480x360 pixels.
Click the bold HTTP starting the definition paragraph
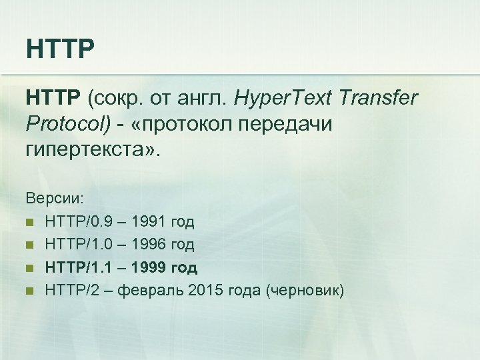pos(53,99)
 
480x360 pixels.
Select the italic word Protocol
pos(59,125)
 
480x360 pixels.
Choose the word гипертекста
pos(91,149)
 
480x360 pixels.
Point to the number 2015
pos(207,291)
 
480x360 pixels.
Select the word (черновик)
pos(305,291)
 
